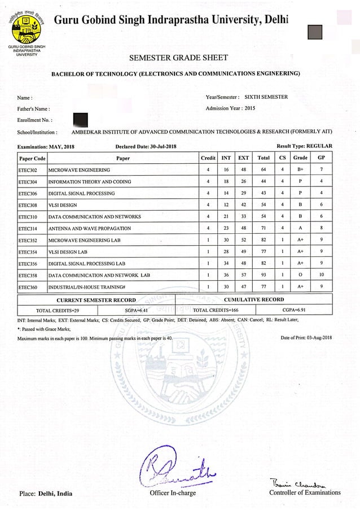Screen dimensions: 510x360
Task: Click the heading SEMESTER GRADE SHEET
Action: point(179,58)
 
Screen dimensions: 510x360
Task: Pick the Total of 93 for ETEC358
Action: point(263,275)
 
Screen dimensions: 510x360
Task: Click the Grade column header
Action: point(300,158)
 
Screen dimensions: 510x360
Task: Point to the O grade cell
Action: point(300,275)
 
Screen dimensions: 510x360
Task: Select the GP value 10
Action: point(321,275)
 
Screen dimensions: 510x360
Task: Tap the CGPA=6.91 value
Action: point(293,310)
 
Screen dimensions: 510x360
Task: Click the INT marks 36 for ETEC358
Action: point(226,275)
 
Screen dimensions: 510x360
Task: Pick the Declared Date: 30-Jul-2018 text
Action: point(146,147)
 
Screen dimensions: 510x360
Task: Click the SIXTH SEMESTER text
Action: point(270,97)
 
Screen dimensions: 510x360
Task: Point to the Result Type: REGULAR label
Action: point(304,146)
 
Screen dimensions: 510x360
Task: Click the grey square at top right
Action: point(315,32)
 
